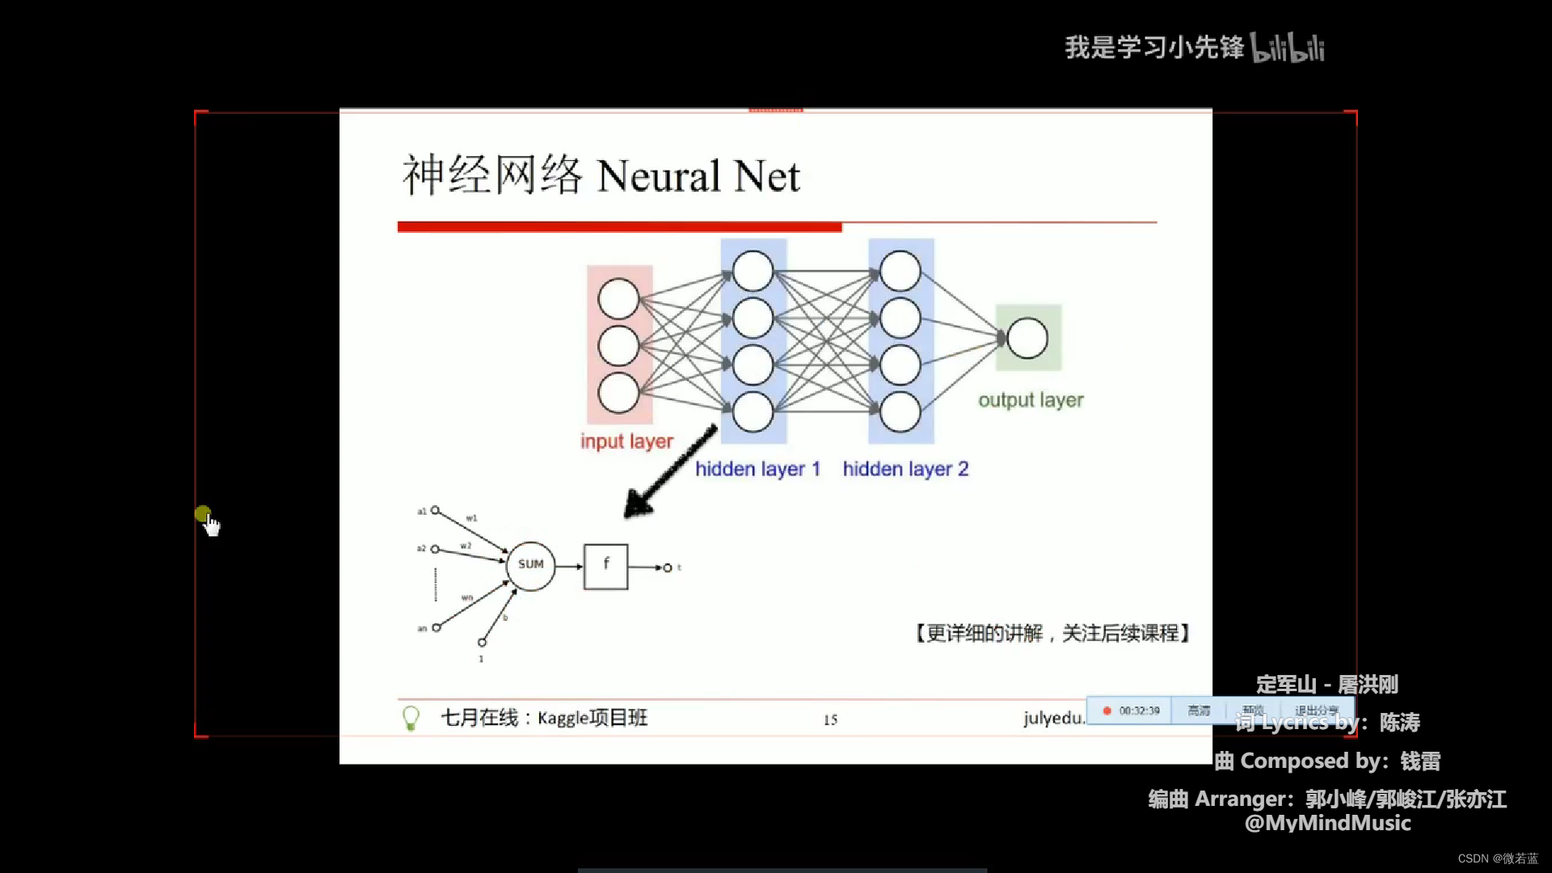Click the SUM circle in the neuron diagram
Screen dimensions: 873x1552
click(530, 565)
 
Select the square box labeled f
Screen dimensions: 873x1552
click(605, 566)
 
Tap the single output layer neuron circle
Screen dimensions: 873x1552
click(1027, 338)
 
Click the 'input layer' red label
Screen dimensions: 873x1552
click(626, 441)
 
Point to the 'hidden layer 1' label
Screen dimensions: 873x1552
click(757, 469)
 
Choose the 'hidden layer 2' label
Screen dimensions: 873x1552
click(905, 469)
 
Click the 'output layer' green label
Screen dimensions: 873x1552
click(1031, 400)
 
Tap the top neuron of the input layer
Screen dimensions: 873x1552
click(618, 298)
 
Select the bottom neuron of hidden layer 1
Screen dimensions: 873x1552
click(753, 411)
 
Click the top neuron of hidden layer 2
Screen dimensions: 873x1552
click(900, 271)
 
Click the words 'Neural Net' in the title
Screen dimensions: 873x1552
click(698, 176)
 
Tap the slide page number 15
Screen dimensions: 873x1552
click(830, 719)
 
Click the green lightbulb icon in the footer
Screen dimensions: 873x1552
click(411, 718)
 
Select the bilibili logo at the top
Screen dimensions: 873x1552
click(1288, 48)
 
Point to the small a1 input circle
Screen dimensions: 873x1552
click(436, 511)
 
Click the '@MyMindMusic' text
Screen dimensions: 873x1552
click(1327, 823)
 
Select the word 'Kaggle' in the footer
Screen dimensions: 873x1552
click(563, 718)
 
